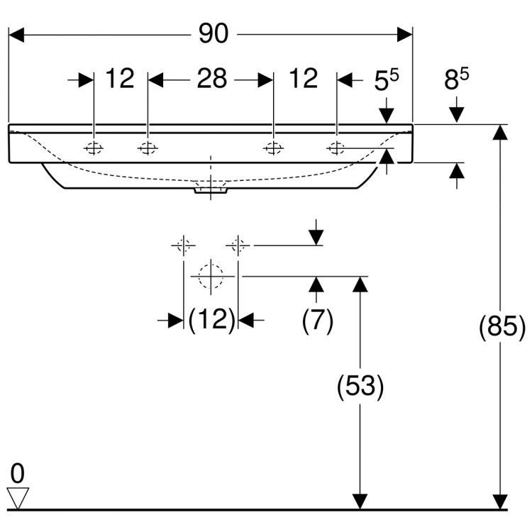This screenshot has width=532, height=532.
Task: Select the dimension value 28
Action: click(211, 79)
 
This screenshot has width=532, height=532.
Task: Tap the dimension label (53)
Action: click(360, 387)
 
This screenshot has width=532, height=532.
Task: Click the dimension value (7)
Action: click(317, 321)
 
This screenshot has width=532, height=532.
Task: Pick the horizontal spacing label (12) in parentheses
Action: click(211, 321)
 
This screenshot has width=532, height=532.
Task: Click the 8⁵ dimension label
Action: click(457, 80)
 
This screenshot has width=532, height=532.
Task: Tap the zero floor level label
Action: click(18, 472)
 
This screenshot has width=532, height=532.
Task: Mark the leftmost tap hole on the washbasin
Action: click(94, 148)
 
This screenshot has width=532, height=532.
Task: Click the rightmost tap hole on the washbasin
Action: click(336, 148)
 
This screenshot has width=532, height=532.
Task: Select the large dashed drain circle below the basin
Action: click(211, 275)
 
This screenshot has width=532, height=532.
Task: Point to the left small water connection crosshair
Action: click(183, 245)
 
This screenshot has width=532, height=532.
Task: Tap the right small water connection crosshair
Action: click(238, 245)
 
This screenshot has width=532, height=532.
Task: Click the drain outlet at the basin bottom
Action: click(211, 189)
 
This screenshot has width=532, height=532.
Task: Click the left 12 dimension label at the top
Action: click(121, 79)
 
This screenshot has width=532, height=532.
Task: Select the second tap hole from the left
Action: click(148, 148)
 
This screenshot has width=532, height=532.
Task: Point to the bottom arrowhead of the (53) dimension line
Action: click(360, 501)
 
